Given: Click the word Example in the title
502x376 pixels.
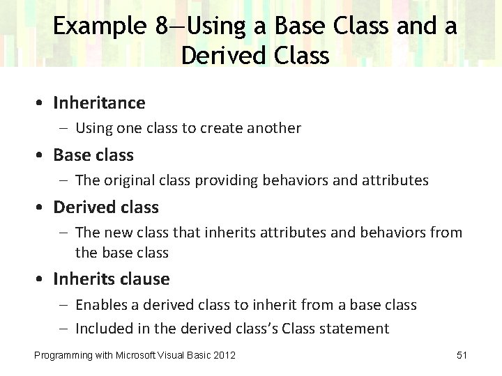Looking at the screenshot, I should (100, 26).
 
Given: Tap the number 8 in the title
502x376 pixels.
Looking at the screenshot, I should (162, 26).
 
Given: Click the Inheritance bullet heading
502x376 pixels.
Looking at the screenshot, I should (100, 103).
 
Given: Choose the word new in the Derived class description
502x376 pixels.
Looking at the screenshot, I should (116, 233).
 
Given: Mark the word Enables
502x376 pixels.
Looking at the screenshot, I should (100, 304).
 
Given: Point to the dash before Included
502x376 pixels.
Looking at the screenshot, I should (63, 329).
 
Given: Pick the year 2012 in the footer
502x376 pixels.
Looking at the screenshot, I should (224, 356).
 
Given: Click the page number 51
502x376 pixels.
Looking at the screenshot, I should (462, 356).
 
